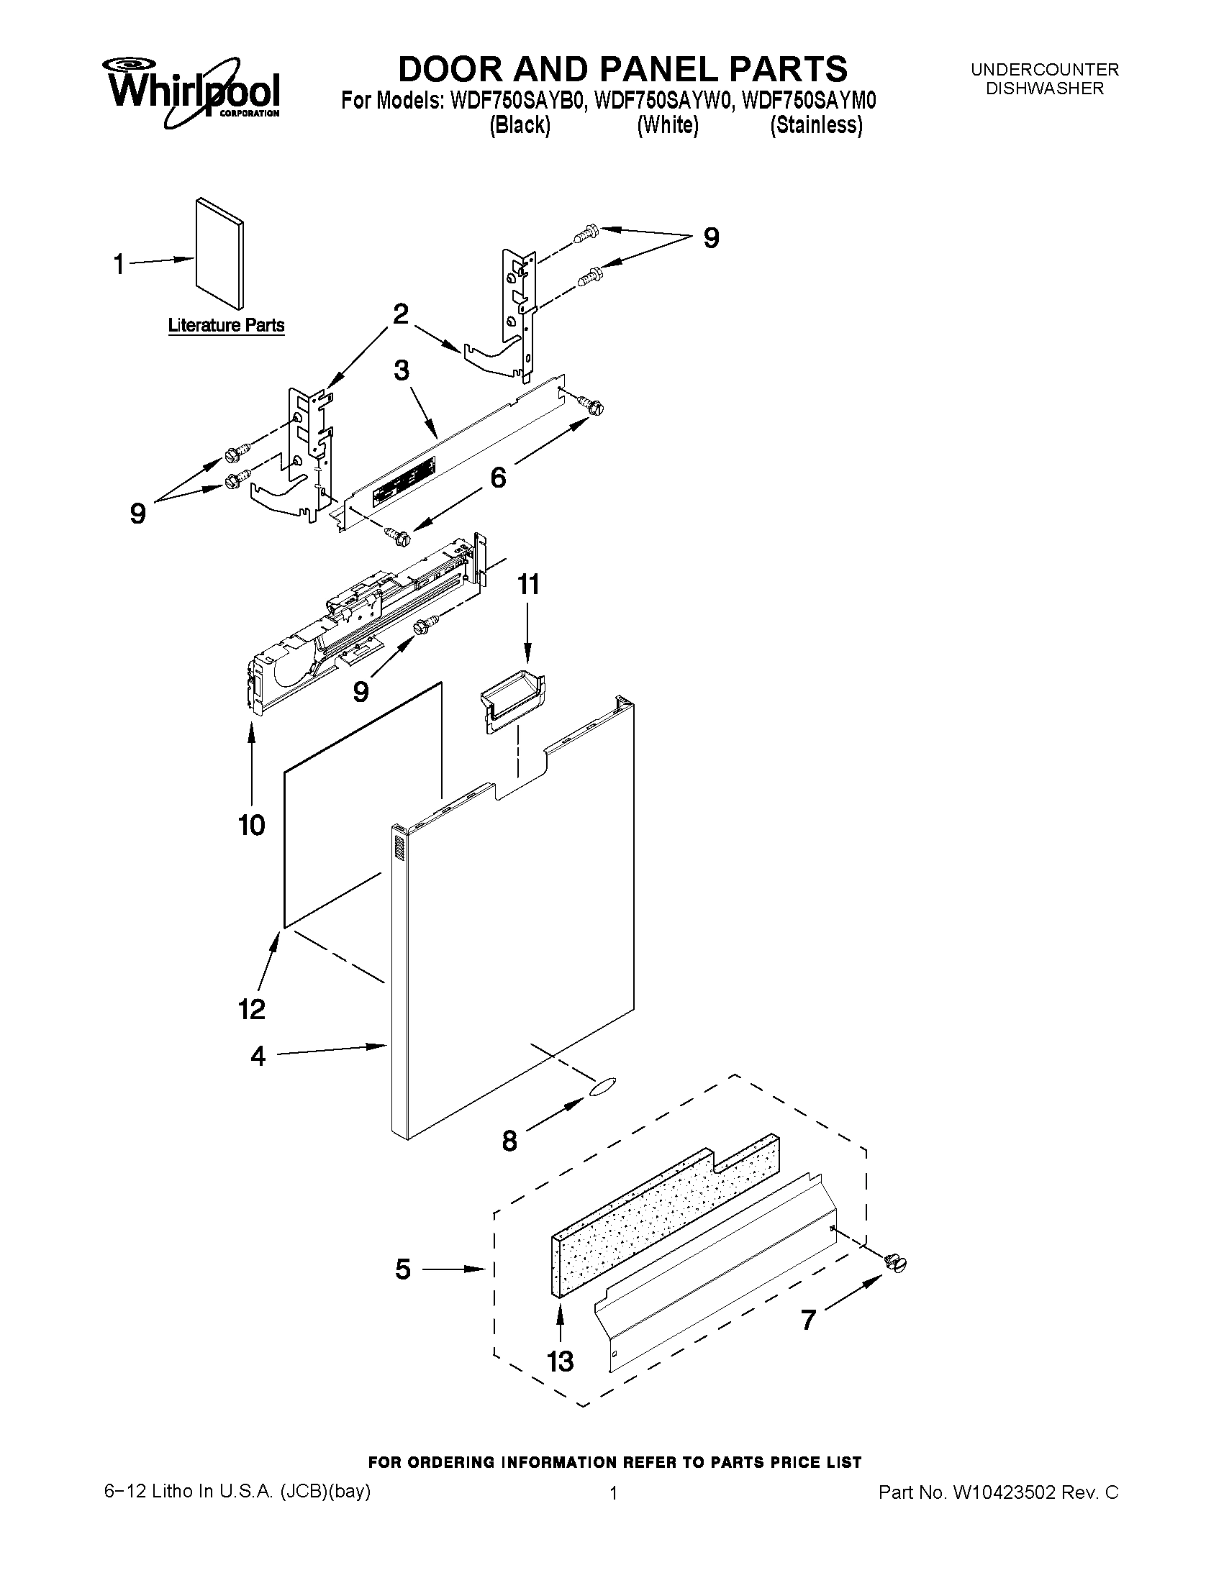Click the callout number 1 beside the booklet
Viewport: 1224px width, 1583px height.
point(119,264)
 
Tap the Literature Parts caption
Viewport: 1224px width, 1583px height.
point(226,325)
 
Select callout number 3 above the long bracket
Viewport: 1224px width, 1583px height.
point(401,370)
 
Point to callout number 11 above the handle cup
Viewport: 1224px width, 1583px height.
point(528,584)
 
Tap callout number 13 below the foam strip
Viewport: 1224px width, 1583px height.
point(560,1361)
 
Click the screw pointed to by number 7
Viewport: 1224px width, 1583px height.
point(897,1264)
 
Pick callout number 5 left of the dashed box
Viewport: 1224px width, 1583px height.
point(403,1269)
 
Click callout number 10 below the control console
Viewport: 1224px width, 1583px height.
point(252,825)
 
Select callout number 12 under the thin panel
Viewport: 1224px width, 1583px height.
point(252,1008)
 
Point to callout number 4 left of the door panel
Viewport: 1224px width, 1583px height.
point(258,1056)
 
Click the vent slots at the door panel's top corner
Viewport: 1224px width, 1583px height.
point(396,847)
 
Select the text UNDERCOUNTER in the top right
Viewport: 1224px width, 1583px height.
point(1044,70)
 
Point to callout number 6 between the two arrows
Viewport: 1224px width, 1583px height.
point(498,478)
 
